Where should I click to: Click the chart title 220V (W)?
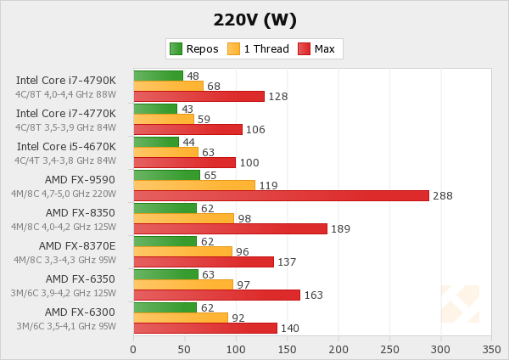254,18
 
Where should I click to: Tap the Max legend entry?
316,48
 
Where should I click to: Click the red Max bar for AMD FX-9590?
281,195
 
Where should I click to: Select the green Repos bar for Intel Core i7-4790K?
158,76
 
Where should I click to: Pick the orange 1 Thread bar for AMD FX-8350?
183,218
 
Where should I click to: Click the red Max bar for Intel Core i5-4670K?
184,162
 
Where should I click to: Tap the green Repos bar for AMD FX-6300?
165,307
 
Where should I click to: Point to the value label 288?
443,196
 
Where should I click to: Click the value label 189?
341,229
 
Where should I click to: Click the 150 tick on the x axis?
287,348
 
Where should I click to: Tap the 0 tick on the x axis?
133,348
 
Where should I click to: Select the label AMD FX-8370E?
77,246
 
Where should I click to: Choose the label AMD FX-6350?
81,278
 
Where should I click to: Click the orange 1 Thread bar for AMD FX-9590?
194,185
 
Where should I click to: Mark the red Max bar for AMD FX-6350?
216,295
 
